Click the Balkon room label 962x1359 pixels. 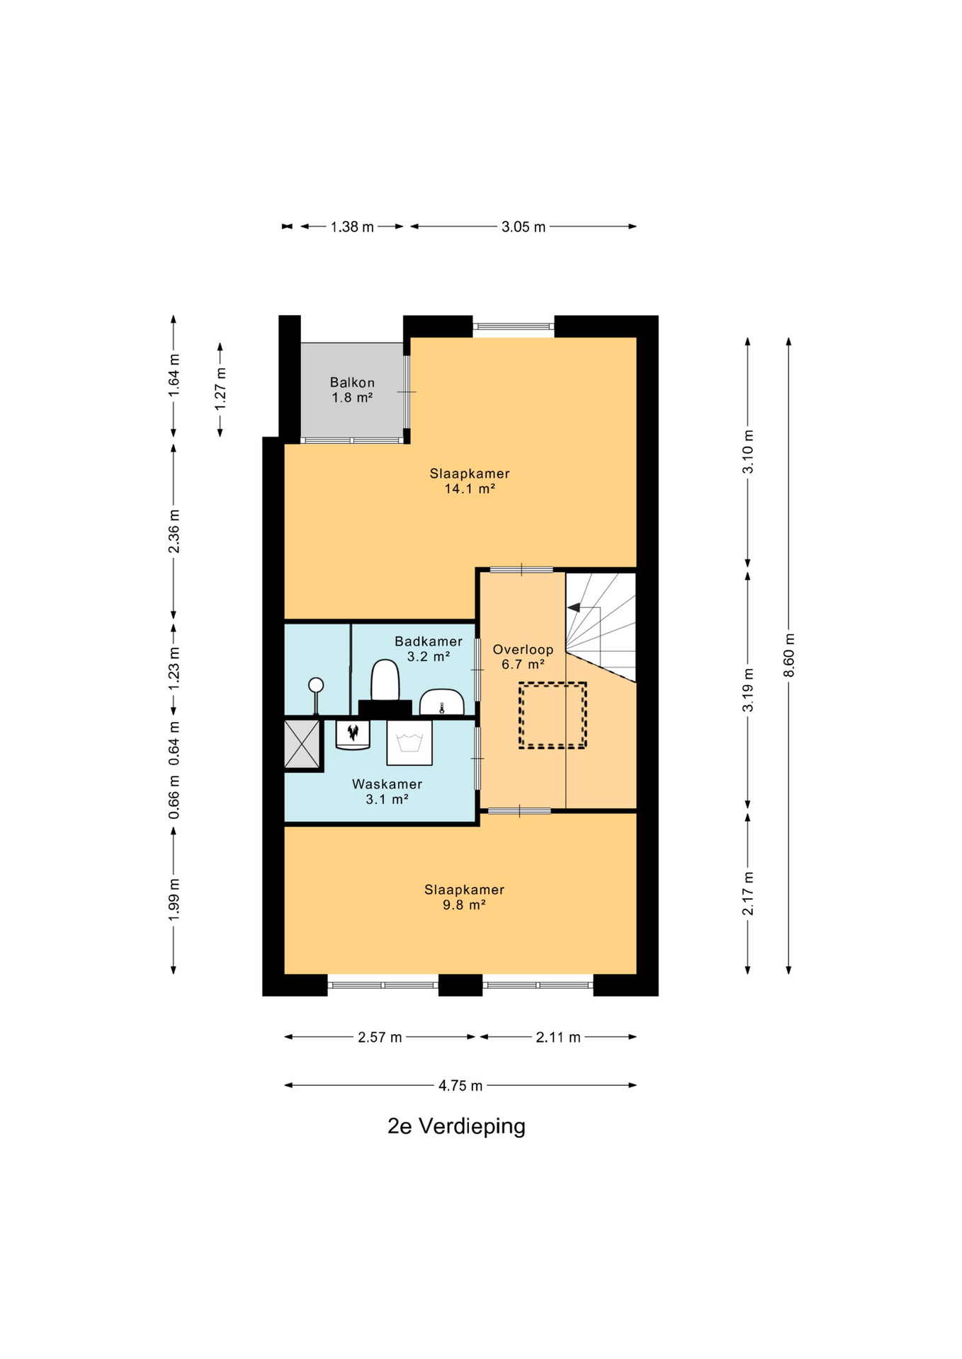pyautogui.click(x=352, y=383)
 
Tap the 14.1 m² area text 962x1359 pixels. pyautogui.click(x=469, y=488)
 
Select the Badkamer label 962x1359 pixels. pyautogui.click(x=429, y=641)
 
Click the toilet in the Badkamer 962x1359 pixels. pyautogui.click(x=385, y=681)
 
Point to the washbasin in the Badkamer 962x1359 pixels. pyautogui.click(x=441, y=702)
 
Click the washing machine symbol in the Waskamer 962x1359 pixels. pyautogui.click(x=409, y=743)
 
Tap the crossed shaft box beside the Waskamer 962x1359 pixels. pyautogui.click(x=302, y=743)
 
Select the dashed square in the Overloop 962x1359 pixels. pyautogui.click(x=553, y=715)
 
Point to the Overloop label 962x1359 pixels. pyautogui.click(x=523, y=649)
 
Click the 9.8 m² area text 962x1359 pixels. pyautogui.click(x=464, y=905)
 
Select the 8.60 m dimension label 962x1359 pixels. pyautogui.click(x=788, y=655)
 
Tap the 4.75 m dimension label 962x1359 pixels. pyautogui.click(x=460, y=1086)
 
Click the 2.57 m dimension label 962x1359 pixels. pyautogui.click(x=380, y=1038)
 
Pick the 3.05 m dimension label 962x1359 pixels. pyautogui.click(x=524, y=227)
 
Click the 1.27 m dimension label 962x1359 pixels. pyautogui.click(x=220, y=388)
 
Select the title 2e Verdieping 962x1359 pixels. pyautogui.click(x=456, y=1126)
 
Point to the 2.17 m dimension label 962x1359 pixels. pyautogui.click(x=747, y=893)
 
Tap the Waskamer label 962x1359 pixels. pyautogui.click(x=387, y=784)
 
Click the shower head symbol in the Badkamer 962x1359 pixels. pyautogui.click(x=316, y=694)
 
